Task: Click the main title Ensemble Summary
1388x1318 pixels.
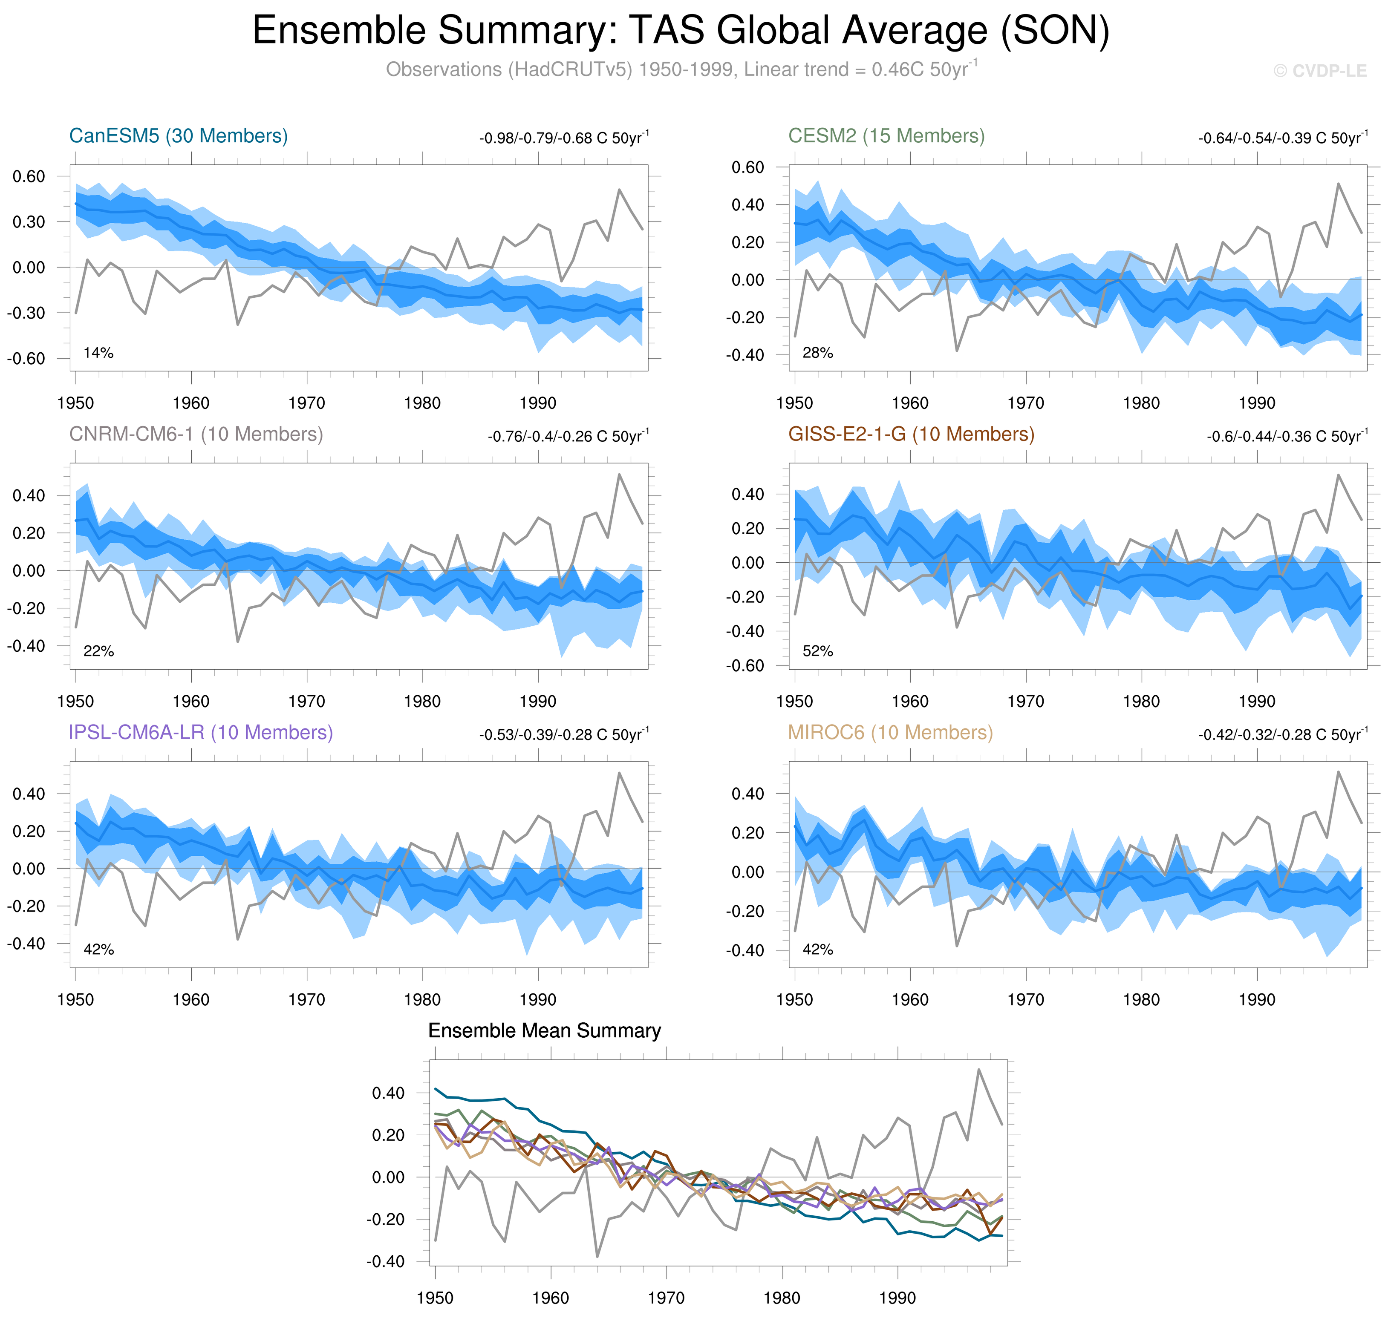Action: [x=680, y=31]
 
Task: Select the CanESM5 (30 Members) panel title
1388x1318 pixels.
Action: [x=179, y=135]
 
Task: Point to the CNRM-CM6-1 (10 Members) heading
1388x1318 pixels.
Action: [x=196, y=434]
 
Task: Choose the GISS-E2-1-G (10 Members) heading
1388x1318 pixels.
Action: [x=911, y=434]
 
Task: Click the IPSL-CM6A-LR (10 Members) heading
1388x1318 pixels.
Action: [x=200, y=732]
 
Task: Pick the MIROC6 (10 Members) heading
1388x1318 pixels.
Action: [x=890, y=732]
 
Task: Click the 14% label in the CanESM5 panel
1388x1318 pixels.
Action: [x=98, y=353]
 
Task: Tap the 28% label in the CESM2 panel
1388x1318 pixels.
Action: [x=817, y=353]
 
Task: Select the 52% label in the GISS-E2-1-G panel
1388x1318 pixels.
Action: [x=817, y=651]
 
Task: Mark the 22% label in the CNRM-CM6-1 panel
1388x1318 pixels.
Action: [x=98, y=651]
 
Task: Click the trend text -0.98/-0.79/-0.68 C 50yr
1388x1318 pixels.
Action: [x=564, y=138]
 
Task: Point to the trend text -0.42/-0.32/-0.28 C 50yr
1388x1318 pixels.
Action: [x=1283, y=734]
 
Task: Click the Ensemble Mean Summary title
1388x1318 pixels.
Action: [x=544, y=1030]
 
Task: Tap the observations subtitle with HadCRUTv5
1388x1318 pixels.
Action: [x=680, y=69]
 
